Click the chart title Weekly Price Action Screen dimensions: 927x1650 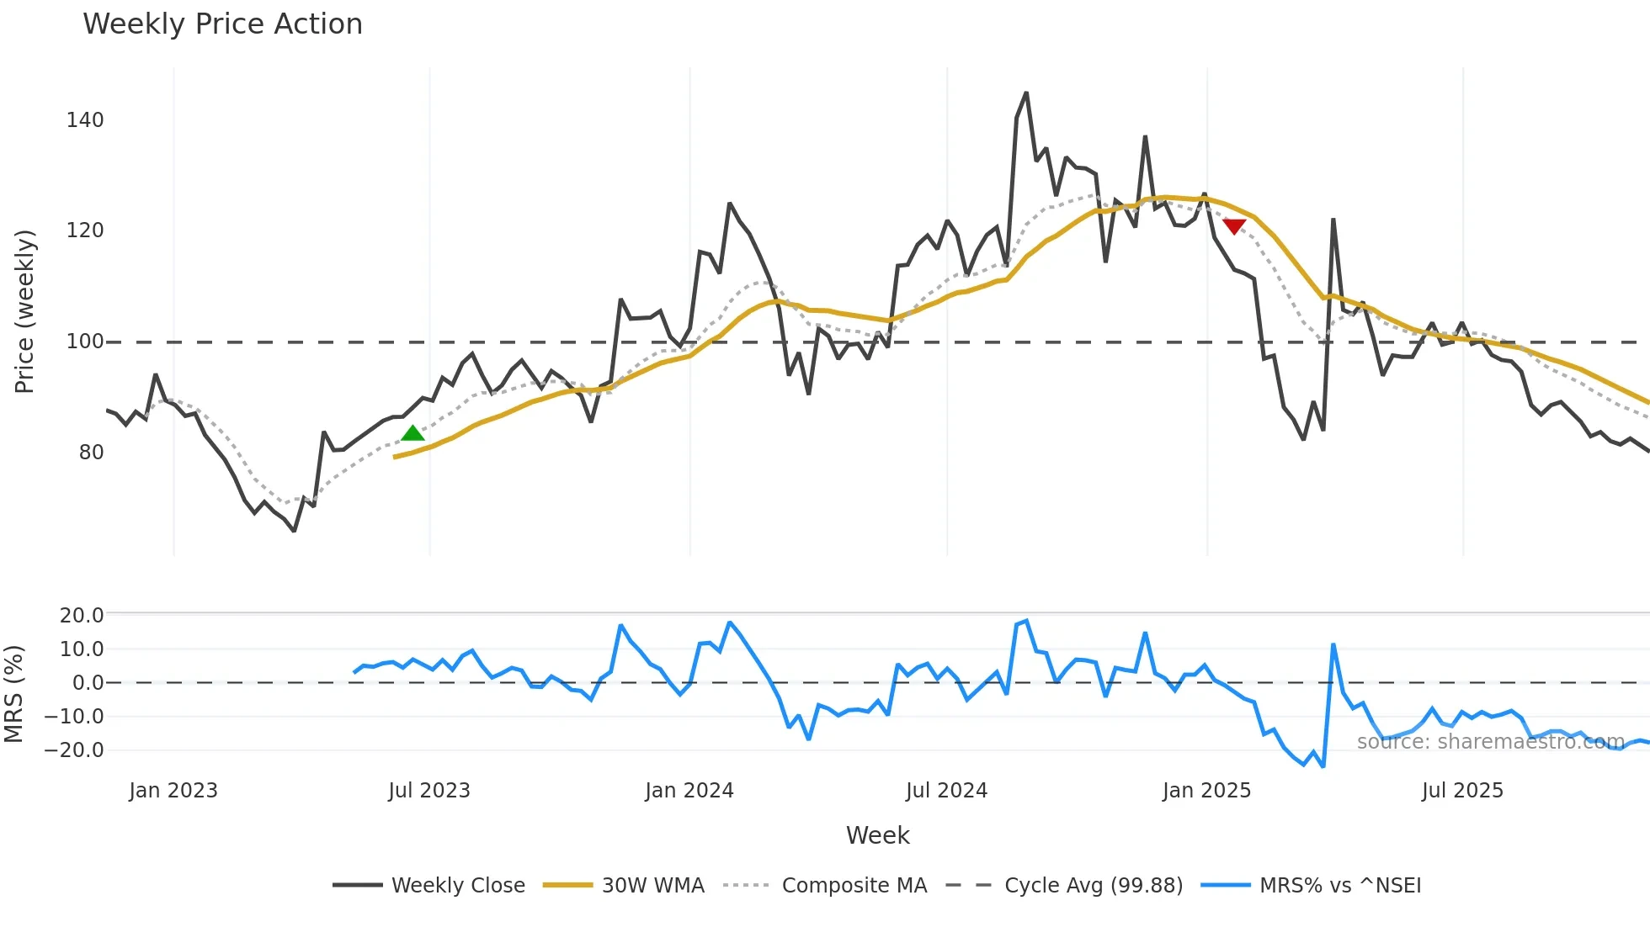click(222, 24)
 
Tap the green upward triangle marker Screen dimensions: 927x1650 click(412, 433)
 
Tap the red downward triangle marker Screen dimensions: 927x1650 click(1234, 226)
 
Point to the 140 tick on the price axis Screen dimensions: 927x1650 click(85, 120)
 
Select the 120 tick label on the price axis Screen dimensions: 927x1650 click(85, 230)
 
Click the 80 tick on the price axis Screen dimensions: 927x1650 click(91, 453)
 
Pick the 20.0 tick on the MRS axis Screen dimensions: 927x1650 click(82, 616)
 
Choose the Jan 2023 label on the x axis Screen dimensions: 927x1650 click(173, 791)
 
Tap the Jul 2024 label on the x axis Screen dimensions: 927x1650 click(946, 791)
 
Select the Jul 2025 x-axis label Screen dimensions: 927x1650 click(1462, 791)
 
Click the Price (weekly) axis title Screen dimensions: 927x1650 click(25, 311)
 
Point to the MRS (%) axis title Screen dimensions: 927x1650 click(14, 694)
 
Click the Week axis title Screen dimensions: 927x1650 click(877, 835)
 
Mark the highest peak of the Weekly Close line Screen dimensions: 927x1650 click(1026, 93)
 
